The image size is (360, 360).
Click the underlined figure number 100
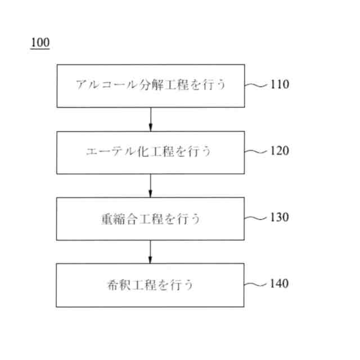[40, 43]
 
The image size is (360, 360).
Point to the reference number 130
[280, 217]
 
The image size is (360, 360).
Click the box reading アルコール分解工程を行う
[151, 85]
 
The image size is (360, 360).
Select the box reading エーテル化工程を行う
[151, 152]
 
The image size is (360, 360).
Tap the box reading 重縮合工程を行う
[151, 218]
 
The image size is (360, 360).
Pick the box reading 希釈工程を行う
[151, 285]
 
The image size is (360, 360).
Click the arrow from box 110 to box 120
[151, 119]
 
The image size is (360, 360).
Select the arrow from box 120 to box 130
[151, 185]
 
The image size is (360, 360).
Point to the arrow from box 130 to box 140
[151, 251]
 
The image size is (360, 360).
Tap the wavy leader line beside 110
[257, 85]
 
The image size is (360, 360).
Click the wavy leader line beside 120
[257, 151]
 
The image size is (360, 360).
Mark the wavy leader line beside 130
[257, 218]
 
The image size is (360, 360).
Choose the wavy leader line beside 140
[257, 283]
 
